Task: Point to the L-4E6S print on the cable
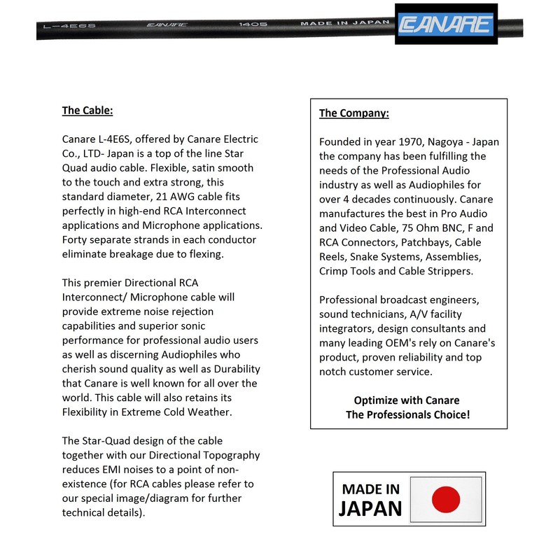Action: click(59, 25)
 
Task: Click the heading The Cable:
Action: click(87, 111)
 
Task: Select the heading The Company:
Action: click(354, 113)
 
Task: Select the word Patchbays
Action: click(422, 242)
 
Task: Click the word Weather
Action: click(210, 412)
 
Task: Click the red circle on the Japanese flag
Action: click(446, 499)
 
